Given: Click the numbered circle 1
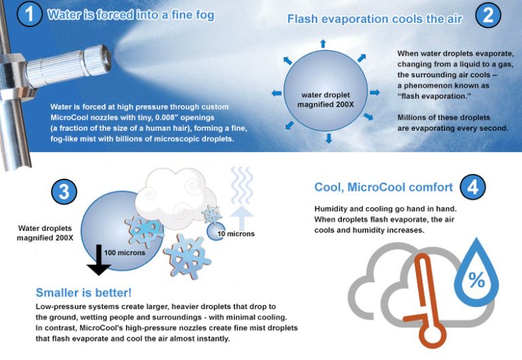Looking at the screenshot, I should pos(29,14).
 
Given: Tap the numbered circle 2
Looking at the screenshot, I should pos(488,16).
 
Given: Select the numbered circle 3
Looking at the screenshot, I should pos(63,192).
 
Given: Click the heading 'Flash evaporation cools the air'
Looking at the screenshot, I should pos(375,19).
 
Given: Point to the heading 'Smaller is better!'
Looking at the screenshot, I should pos(84,293).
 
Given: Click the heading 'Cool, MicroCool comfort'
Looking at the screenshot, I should pos(383,187).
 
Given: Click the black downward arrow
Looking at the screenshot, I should pos(99,259).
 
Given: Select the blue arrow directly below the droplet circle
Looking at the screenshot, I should pos(328,139).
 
